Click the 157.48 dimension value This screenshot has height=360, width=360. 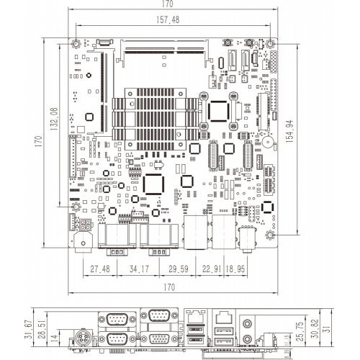[168, 19]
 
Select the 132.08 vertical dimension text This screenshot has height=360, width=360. [54, 119]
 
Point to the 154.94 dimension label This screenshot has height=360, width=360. [289, 132]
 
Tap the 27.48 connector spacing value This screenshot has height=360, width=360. [100, 269]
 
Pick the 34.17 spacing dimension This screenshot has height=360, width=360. [139, 269]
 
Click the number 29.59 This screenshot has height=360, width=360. [179, 269]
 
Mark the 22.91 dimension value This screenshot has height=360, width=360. [212, 269]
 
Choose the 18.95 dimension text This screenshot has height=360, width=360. [235, 269]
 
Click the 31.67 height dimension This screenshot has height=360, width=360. [28, 329]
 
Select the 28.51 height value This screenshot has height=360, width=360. [42, 329]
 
